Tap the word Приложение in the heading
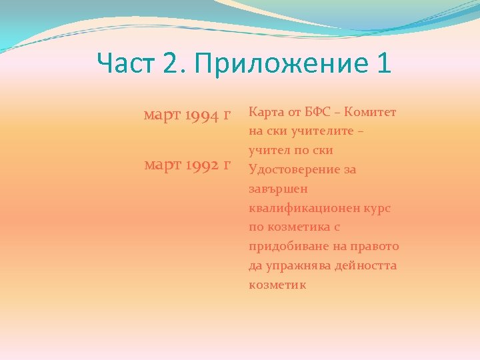(279, 65)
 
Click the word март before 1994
(163, 116)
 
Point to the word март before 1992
(163, 165)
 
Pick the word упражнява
(296, 266)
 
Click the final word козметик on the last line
(277, 285)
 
